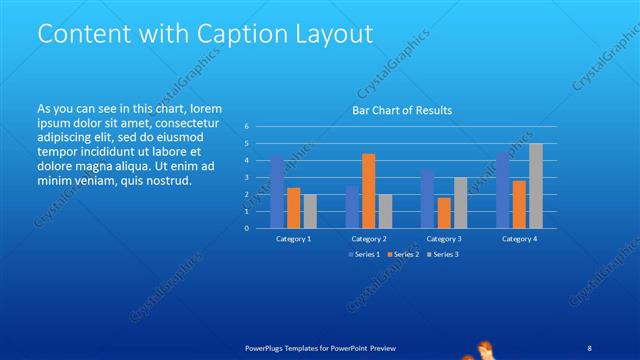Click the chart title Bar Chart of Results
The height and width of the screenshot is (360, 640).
pyautogui.click(x=401, y=110)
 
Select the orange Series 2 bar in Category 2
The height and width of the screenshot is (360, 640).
pyautogui.click(x=368, y=190)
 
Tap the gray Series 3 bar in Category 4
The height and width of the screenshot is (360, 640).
pyautogui.click(x=536, y=185)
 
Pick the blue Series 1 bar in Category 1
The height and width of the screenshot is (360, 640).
pyautogui.click(x=276, y=191)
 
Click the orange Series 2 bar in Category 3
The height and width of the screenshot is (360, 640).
pyautogui.click(x=443, y=212)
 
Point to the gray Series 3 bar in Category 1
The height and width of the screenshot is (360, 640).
pyautogui.click(x=310, y=210)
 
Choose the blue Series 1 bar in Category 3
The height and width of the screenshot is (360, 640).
pyautogui.click(x=427, y=198)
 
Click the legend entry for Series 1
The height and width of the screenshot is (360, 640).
pyautogui.click(x=362, y=255)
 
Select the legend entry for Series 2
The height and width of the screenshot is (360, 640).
pyautogui.click(x=402, y=255)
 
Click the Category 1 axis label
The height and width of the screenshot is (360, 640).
pyautogui.click(x=293, y=239)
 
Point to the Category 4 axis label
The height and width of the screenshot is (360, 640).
pyautogui.click(x=519, y=239)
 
